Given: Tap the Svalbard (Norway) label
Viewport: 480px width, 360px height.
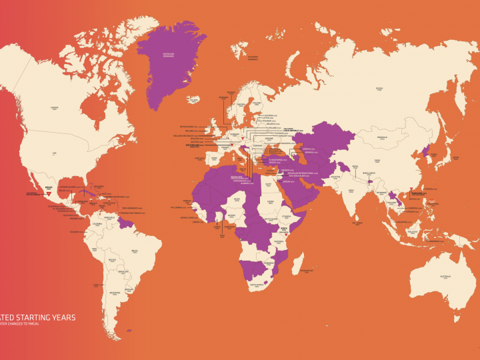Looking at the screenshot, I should click(x=253, y=57).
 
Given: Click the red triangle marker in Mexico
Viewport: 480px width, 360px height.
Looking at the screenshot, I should click(x=48, y=192).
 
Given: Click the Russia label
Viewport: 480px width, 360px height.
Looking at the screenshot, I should click(x=379, y=87).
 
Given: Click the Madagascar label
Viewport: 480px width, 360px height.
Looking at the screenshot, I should click(x=306, y=271).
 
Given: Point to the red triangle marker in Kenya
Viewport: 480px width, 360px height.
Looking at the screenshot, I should click(x=285, y=231).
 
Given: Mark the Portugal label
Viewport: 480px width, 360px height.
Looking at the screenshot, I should click(x=199, y=159).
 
